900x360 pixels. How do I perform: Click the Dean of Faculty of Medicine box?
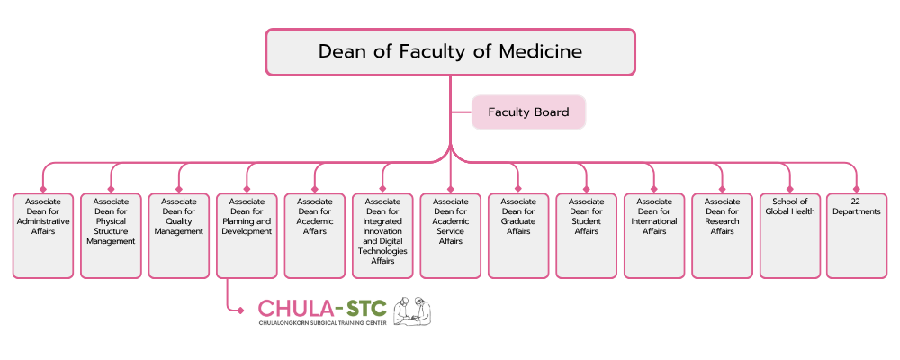450,51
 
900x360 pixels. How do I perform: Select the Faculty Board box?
528,112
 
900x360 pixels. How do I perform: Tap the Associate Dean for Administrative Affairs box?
43,235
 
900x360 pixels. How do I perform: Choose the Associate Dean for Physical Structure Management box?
111,235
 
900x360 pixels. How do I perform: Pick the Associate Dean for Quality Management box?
179,235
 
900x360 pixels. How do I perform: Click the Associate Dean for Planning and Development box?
247,235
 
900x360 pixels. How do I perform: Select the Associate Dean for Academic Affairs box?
315,235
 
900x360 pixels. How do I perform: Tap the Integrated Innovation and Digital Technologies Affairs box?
382,235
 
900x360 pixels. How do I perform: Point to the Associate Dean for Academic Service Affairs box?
451,235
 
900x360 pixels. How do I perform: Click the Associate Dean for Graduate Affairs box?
518,235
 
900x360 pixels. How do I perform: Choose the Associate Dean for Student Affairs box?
586,235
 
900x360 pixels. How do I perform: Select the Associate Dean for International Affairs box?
654,235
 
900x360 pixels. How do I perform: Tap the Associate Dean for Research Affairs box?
722,235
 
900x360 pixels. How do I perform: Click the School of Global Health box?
790,235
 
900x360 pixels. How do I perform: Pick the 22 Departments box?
856,235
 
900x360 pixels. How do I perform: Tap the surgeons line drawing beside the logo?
412,310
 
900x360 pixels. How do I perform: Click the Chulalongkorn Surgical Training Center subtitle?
322,322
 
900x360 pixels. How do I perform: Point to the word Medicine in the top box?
537,51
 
